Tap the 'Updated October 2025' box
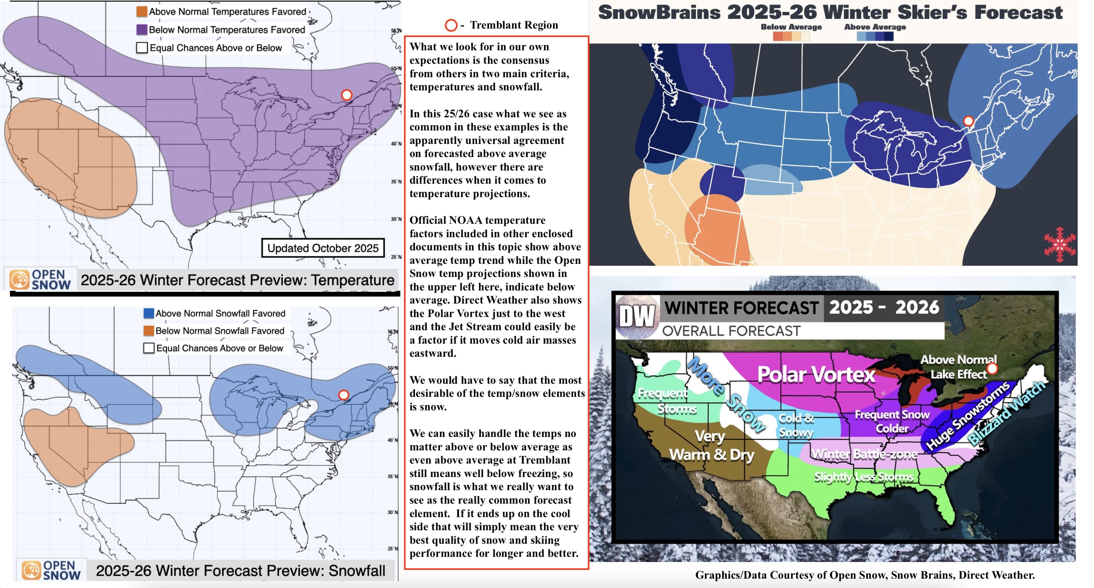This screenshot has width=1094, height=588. (323, 248)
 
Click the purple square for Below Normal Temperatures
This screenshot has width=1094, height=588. (142, 30)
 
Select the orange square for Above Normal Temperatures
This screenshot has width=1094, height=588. (142, 12)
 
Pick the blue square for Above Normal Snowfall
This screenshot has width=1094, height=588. (149, 313)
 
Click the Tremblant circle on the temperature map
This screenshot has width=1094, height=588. (347, 95)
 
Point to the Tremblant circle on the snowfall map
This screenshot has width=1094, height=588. (344, 395)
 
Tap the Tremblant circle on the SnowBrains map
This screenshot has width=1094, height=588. (968, 121)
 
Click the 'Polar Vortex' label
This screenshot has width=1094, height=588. (816, 374)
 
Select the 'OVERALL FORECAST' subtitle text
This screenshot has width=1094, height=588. (731, 331)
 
